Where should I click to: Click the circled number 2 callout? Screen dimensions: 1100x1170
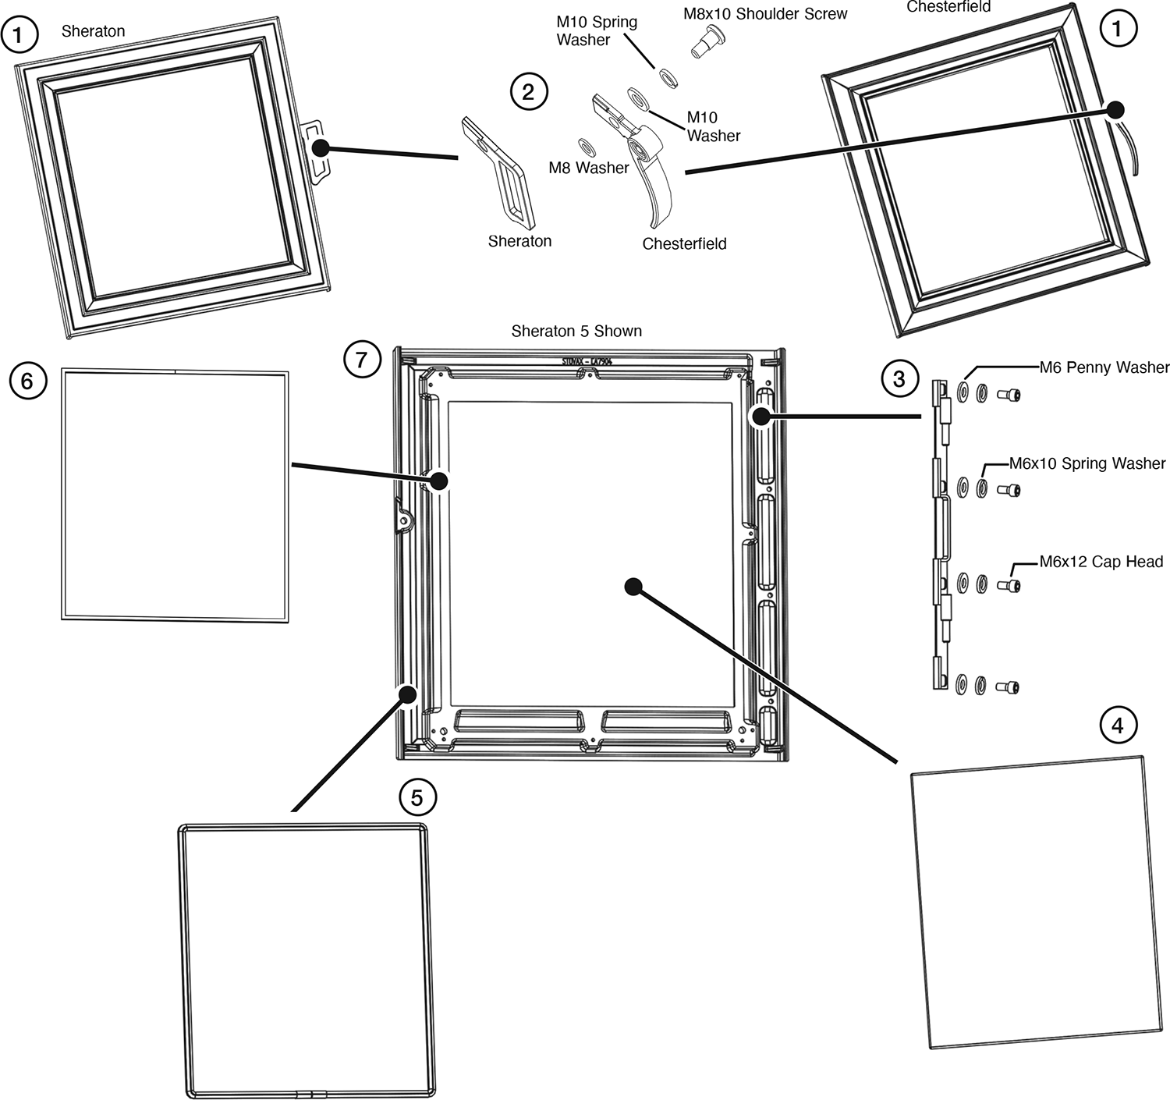[x=529, y=92]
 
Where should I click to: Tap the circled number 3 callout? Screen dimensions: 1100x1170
[x=899, y=379]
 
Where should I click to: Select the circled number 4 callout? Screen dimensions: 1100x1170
[x=1117, y=726]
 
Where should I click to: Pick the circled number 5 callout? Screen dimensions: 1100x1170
[x=417, y=797]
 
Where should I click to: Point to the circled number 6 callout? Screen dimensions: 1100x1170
[x=27, y=381]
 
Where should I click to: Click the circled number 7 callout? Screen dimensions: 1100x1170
[x=361, y=360]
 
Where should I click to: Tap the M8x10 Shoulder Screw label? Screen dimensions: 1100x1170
[x=764, y=13]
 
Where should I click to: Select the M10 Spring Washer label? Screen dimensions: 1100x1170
[x=596, y=31]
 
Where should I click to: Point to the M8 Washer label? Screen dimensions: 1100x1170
[x=588, y=168]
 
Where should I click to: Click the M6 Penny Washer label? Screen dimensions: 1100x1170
[x=1104, y=367]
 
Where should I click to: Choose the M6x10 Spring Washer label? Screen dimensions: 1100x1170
[x=1087, y=463]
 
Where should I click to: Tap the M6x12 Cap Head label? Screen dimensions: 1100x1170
[x=1101, y=562]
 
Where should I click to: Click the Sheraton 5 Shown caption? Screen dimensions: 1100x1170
[x=576, y=331]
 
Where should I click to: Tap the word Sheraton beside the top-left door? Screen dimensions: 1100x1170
[x=93, y=31]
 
